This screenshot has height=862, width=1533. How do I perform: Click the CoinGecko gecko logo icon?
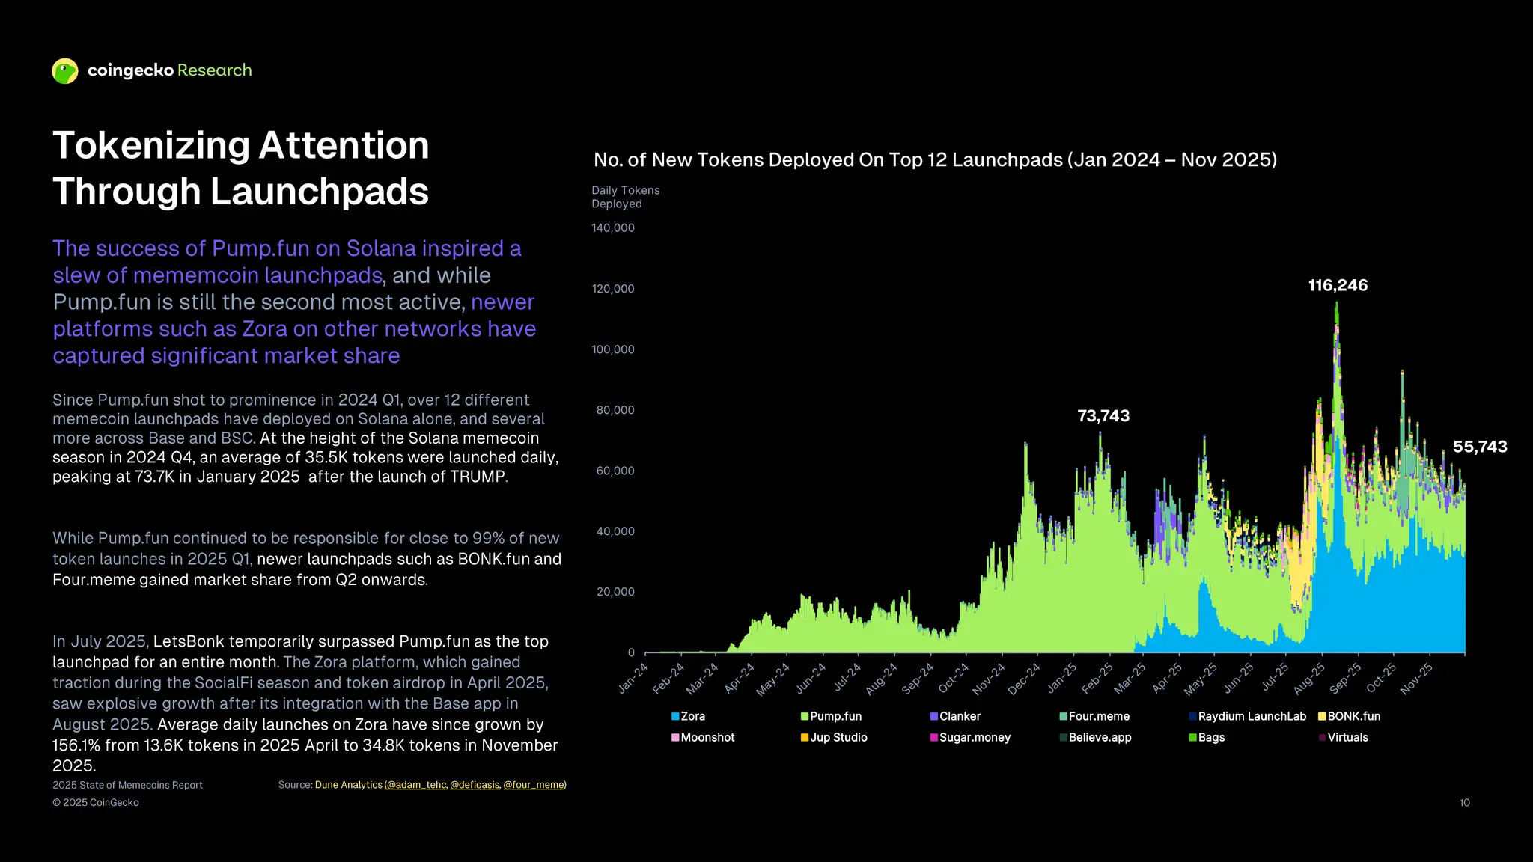point(65,71)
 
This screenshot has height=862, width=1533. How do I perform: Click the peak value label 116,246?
point(1338,285)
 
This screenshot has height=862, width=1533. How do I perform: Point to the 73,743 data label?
point(1103,416)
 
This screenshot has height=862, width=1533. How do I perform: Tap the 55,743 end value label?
point(1480,447)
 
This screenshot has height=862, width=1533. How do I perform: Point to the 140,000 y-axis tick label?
point(613,228)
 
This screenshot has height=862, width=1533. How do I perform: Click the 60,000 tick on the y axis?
point(615,471)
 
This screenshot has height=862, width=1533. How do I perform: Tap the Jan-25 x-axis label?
point(1061,678)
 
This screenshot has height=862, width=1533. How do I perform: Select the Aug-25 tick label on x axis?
point(1309,678)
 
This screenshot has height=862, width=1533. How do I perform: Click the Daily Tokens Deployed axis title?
point(625,197)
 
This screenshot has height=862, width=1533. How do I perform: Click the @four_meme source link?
point(534,785)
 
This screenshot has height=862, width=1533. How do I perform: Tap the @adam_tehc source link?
point(415,785)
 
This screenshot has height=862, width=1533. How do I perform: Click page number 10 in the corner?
point(1464,803)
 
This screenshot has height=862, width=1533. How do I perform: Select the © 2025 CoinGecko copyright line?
point(96,803)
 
